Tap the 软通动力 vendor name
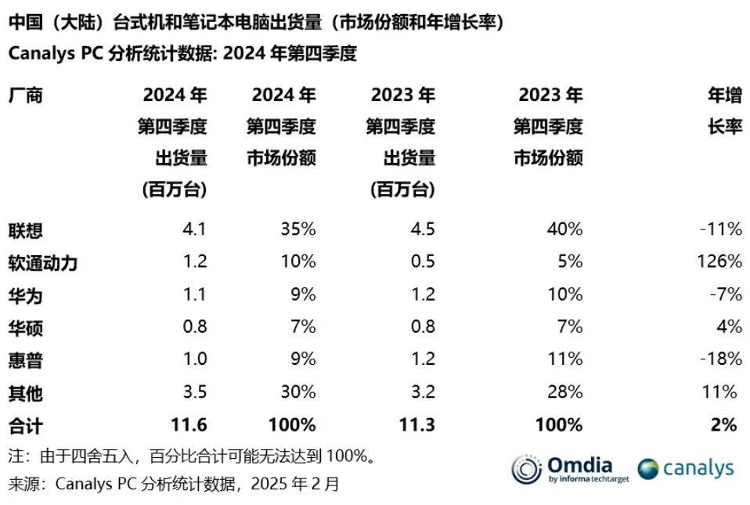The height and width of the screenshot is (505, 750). (43, 262)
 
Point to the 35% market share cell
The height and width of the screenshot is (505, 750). (298, 229)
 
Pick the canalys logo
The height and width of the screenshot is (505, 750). (685, 468)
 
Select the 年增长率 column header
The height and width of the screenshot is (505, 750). (724, 111)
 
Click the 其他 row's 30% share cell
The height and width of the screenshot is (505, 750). (298, 391)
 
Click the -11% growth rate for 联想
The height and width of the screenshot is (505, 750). (721, 229)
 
